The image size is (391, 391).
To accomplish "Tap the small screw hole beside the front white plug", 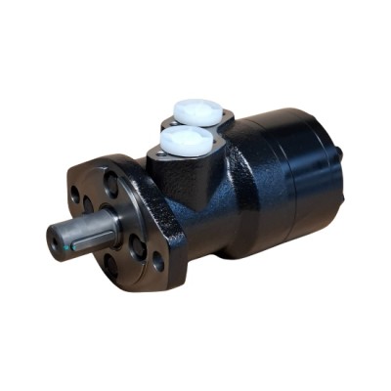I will [156, 154].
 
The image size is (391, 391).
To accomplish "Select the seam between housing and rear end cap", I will [256, 186].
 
